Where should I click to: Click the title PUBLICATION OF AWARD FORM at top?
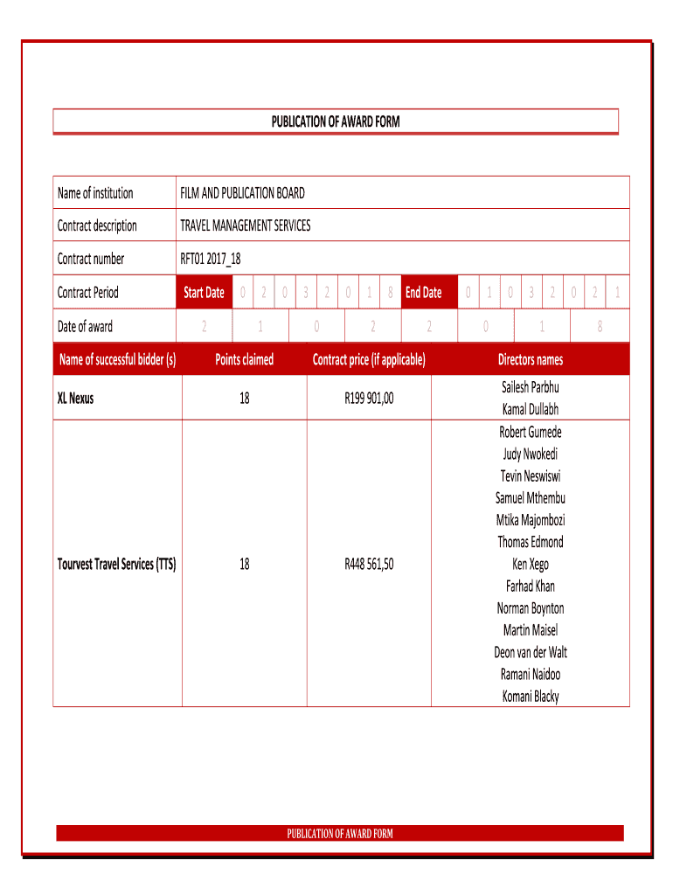click(336, 121)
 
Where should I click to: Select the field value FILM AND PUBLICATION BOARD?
click(242, 193)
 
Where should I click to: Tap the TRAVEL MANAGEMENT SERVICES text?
click(245, 225)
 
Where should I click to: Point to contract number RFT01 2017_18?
click(210, 259)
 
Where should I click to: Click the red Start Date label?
click(204, 293)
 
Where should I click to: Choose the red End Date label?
click(424, 293)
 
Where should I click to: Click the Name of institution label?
click(95, 193)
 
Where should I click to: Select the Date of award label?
click(85, 327)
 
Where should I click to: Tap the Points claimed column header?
click(244, 359)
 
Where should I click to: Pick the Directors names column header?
click(531, 359)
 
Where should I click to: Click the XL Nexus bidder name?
click(75, 399)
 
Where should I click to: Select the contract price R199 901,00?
click(369, 399)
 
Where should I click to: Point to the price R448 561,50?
click(369, 565)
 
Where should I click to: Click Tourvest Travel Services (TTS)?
click(117, 565)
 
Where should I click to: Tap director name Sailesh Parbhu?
click(531, 387)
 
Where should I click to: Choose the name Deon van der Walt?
click(531, 653)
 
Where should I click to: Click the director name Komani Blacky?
click(531, 697)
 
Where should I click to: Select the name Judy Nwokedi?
click(531, 454)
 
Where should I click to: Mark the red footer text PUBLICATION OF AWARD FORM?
click(340, 833)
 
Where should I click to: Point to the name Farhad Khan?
click(531, 586)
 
